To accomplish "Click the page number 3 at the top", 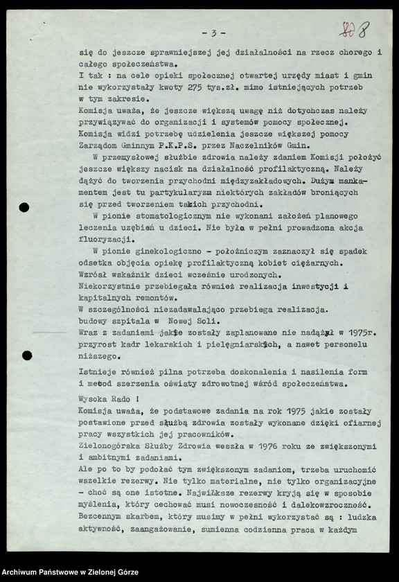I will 214,33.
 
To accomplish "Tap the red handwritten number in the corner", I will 354,30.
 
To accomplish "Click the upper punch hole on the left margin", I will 24,206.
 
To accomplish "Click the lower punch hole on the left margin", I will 26,355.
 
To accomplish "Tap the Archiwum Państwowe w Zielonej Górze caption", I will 70,572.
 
